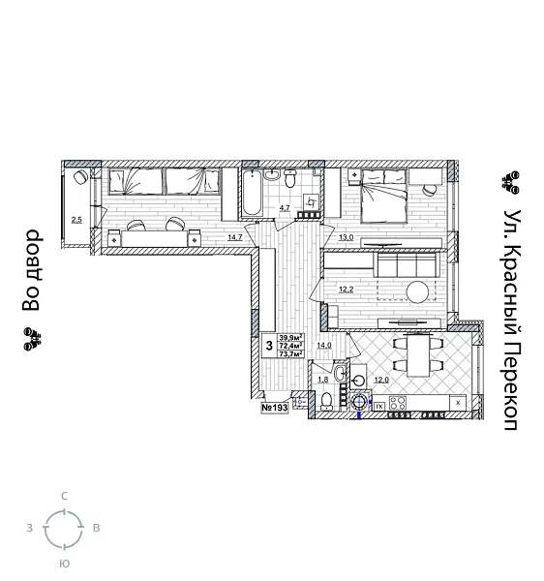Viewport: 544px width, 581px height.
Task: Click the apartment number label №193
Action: click(x=275, y=408)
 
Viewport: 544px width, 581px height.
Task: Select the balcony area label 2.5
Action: click(x=76, y=220)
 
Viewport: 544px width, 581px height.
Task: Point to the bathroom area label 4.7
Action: click(x=285, y=207)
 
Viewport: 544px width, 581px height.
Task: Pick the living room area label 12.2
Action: click(x=346, y=289)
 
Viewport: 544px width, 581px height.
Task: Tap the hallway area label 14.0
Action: click(x=324, y=345)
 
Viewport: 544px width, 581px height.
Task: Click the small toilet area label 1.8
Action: click(x=322, y=380)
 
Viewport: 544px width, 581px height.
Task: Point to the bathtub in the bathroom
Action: click(x=250, y=194)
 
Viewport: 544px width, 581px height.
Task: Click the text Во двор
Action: click(x=32, y=270)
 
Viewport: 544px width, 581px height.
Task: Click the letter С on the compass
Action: click(x=65, y=496)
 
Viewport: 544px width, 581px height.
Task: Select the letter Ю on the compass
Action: click(x=65, y=563)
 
